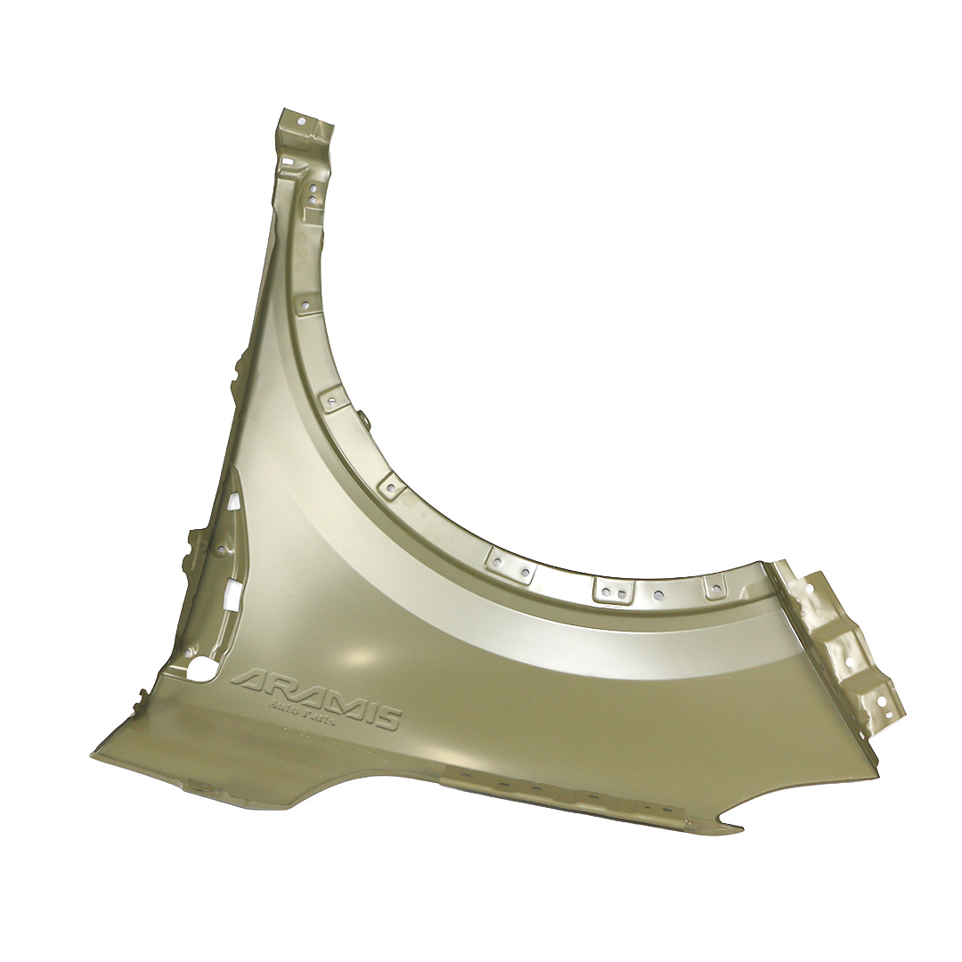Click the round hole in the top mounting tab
click(x=301, y=121)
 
